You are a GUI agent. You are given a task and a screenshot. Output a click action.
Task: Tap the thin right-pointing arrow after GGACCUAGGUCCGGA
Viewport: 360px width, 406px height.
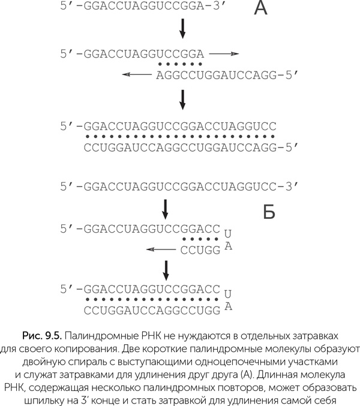tap(224, 53)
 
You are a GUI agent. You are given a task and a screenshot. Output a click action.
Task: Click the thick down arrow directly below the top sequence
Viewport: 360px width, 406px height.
tap(182, 28)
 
